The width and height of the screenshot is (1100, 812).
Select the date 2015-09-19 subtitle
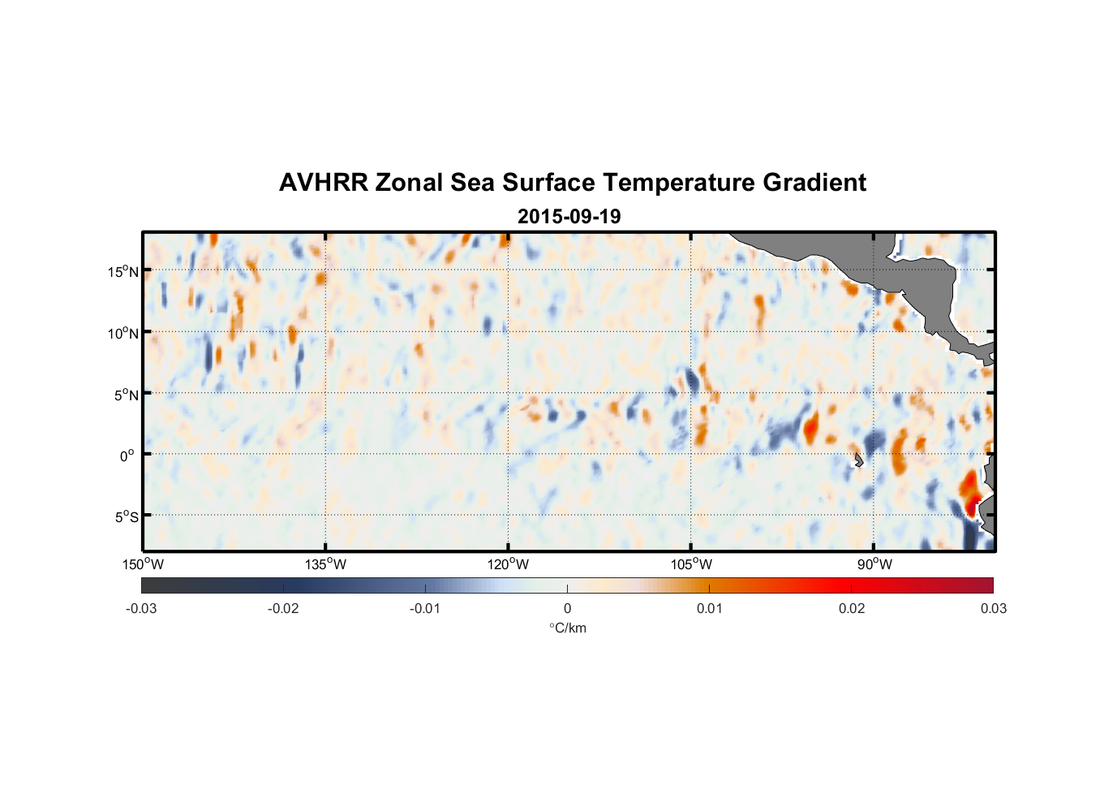(x=569, y=217)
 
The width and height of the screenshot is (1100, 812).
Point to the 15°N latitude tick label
(x=123, y=271)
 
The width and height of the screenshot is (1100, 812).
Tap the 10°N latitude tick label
(x=123, y=333)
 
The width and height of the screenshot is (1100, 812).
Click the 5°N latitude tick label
(x=126, y=395)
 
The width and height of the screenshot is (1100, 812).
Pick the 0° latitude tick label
(x=128, y=456)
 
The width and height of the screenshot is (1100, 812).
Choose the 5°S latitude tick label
(x=126, y=517)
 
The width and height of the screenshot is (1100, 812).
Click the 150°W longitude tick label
(x=144, y=564)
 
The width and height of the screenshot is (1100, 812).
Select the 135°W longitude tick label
(x=326, y=564)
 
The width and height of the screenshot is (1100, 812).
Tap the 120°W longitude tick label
(x=509, y=564)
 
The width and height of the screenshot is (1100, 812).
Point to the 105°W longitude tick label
(x=691, y=564)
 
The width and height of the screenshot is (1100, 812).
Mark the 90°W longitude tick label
(x=874, y=564)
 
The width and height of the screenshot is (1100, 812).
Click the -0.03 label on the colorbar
(x=141, y=608)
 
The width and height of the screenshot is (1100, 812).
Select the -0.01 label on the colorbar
(x=425, y=608)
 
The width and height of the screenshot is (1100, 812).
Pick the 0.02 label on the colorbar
(x=852, y=608)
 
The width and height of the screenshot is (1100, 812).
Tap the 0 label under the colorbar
(x=567, y=608)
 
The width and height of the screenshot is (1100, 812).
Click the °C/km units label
(x=568, y=628)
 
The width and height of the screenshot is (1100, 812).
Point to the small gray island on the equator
(x=858, y=460)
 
